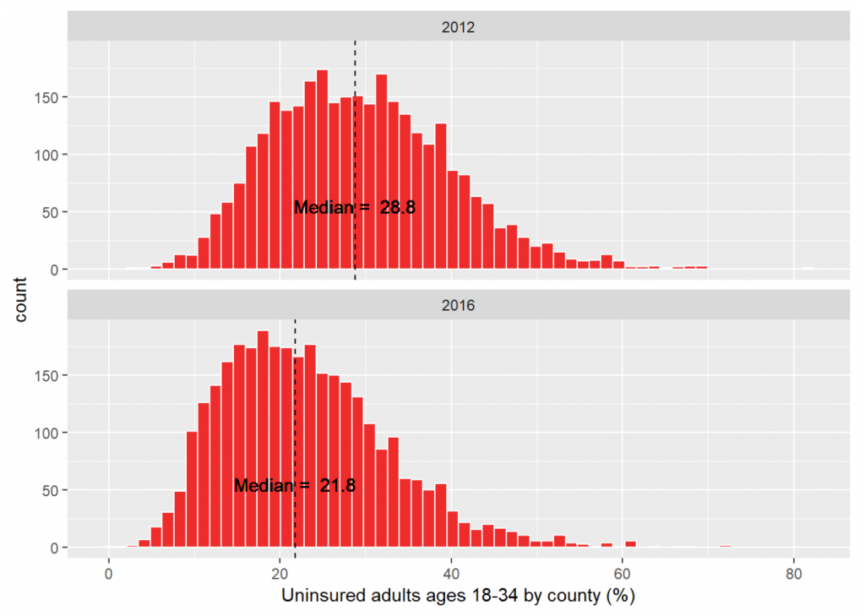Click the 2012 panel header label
tap(458, 27)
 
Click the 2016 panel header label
tap(458, 305)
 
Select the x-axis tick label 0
tap(109, 571)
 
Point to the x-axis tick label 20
tap(280, 571)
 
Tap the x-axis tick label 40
tap(451, 571)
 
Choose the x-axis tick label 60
tap(623, 571)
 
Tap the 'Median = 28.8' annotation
tap(355, 207)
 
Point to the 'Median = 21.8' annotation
tap(295, 486)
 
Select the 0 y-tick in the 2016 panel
tap(55, 548)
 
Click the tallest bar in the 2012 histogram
tap(322, 169)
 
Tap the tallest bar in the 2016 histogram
tap(263, 439)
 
